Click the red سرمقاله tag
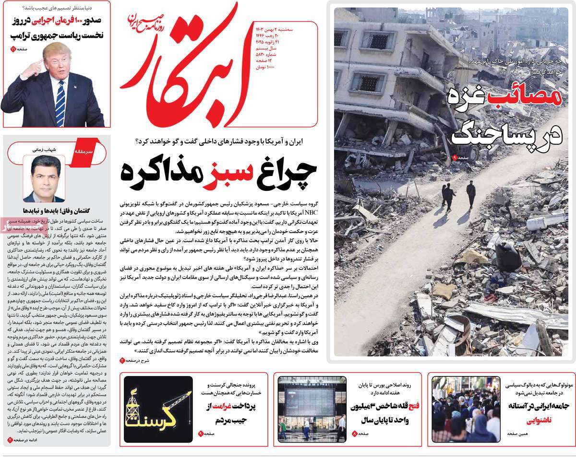[81, 151]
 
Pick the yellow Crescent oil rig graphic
[158, 409]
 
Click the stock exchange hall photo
[312, 409]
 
